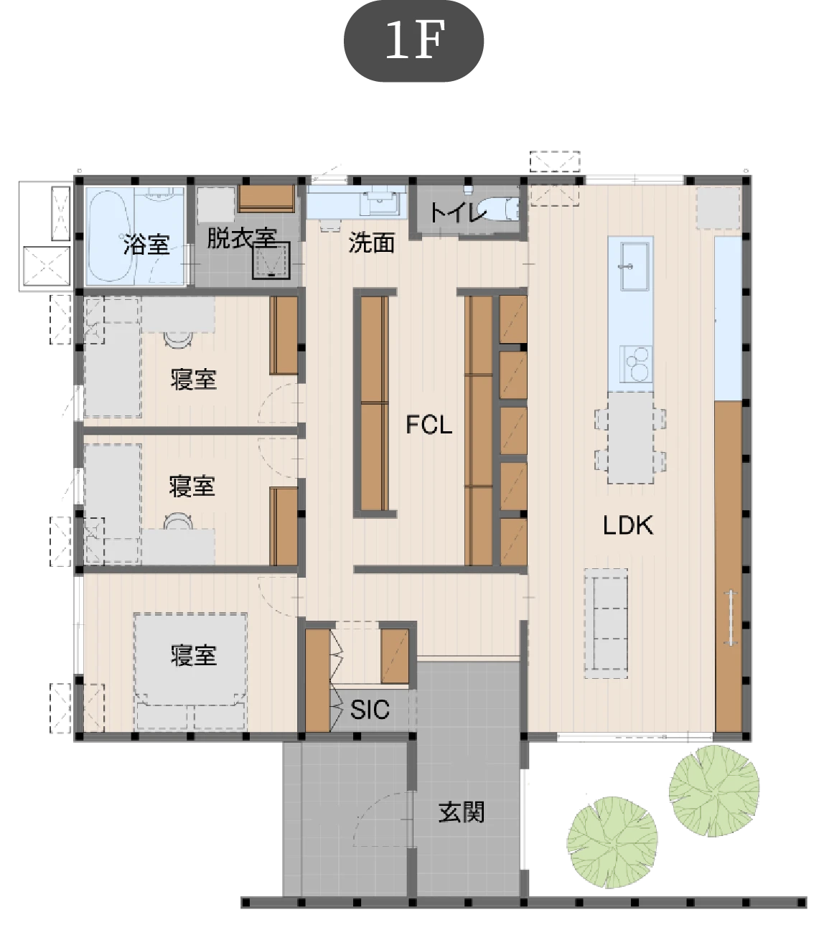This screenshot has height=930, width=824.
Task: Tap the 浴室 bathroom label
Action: (x=146, y=244)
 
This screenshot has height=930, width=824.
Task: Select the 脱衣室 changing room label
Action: (x=242, y=238)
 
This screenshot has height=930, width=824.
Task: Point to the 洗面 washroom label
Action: (x=371, y=243)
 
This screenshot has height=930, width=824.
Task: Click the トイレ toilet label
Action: (x=457, y=212)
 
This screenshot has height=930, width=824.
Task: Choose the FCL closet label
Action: (x=429, y=425)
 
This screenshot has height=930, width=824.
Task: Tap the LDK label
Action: (x=628, y=525)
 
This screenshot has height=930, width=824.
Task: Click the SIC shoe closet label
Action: (x=370, y=710)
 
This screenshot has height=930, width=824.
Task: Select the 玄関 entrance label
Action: (x=461, y=812)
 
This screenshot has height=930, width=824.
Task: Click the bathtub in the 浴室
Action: (x=111, y=235)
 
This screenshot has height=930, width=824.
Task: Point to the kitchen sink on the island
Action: (x=635, y=266)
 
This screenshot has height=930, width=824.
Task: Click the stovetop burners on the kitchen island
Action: (x=636, y=364)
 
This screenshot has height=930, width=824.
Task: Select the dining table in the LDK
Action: (x=630, y=438)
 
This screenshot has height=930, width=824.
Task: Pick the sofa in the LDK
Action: (x=606, y=624)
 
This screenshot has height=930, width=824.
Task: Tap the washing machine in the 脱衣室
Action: (x=271, y=260)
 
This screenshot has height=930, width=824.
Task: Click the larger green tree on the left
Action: (x=612, y=842)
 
